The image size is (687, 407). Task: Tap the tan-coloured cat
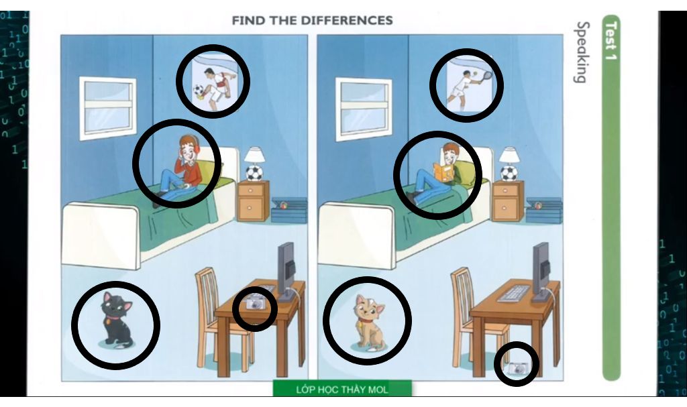[x=369, y=323]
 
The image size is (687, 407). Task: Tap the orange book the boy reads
[x=443, y=172]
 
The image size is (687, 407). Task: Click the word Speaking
[x=582, y=52]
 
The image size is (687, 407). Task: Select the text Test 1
[x=611, y=40]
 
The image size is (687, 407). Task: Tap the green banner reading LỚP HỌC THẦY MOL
[x=342, y=389]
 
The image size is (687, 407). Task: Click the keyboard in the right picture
[x=514, y=293]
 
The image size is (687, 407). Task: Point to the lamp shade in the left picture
[x=254, y=155]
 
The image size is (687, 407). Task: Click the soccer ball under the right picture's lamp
[x=509, y=172]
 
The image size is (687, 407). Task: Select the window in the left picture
[x=107, y=108]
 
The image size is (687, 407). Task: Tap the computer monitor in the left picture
[x=286, y=272]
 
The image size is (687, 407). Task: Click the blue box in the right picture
[x=544, y=211]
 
